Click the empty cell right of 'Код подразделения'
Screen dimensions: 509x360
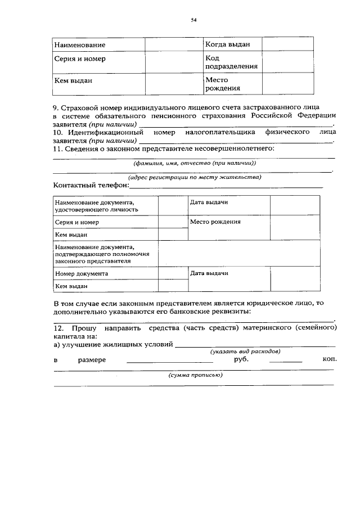pyautogui.click(x=289, y=62)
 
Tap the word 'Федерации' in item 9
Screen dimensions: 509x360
pyautogui.click(x=316, y=115)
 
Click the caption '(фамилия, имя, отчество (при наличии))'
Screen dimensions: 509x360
pyautogui.click(x=194, y=163)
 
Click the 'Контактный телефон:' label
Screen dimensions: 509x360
pyautogui.click(x=91, y=185)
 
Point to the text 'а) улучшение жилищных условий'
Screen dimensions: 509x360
pyautogui.click(x=113, y=344)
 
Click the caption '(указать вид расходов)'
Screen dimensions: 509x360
pyautogui.click(x=245, y=352)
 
